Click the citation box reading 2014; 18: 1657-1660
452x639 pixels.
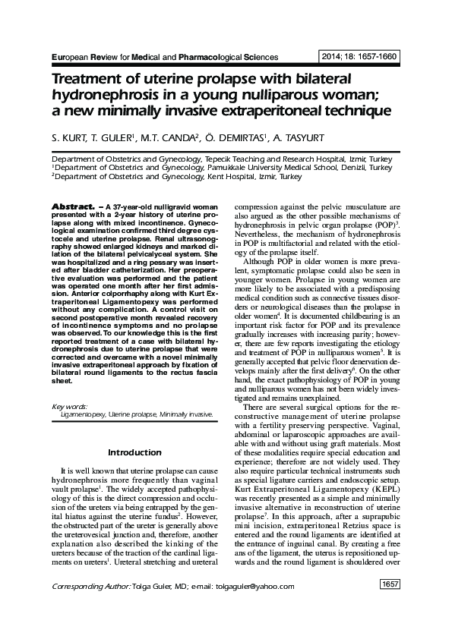click(362, 56)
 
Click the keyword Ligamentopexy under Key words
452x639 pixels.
click(82, 415)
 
